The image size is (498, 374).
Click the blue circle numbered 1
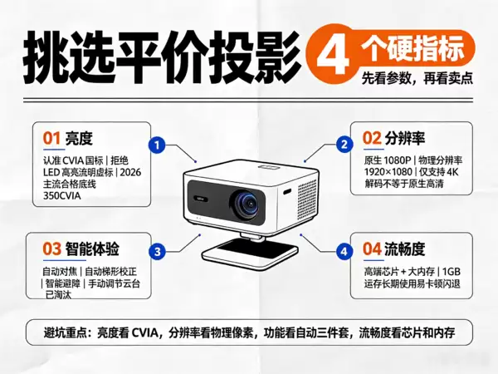157,145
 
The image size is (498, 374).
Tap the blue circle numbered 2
344,145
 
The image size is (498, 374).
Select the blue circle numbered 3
158,252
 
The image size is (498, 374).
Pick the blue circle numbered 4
344,252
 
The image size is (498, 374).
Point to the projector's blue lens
247,204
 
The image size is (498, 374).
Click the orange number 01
51,139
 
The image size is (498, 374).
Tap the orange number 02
372,138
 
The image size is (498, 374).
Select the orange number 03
51,249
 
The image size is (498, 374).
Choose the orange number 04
372,249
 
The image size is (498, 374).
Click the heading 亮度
79,139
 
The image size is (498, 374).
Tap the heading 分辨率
405,138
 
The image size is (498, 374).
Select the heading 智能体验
92,249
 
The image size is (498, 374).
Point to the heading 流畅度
405,249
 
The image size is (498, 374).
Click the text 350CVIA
62,195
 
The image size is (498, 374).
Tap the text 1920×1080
388,172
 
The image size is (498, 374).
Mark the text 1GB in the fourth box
451,272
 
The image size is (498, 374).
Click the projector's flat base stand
250,253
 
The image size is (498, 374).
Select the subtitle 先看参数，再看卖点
417,78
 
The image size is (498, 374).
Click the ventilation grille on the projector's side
307,199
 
